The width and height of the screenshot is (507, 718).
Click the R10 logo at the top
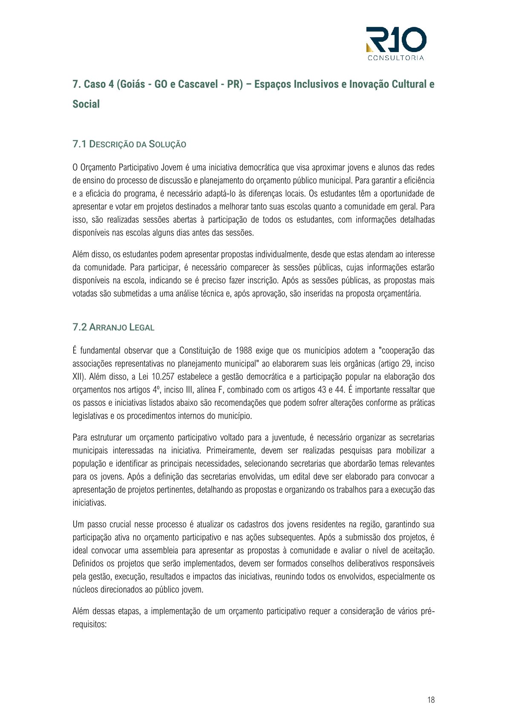pos(396,40)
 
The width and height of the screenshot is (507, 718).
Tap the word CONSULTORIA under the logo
pos(396,58)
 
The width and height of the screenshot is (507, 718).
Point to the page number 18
pos(431,700)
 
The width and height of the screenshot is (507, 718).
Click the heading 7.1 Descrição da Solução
pos(129,144)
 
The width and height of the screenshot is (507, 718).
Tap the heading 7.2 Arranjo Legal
pos(113,327)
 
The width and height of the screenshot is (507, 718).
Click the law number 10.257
pos(163,377)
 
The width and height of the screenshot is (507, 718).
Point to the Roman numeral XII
pos(78,377)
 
